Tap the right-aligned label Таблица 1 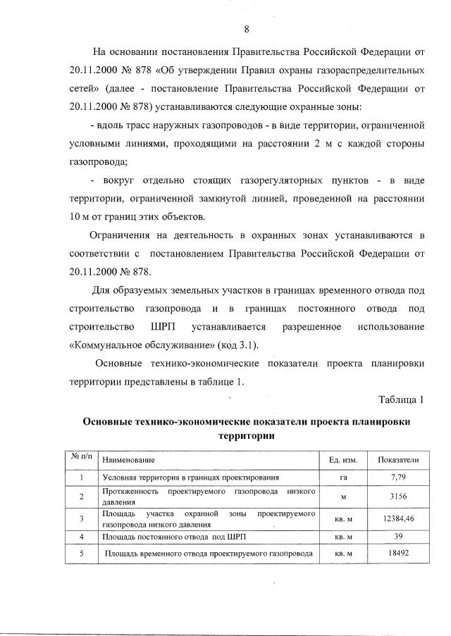pyautogui.click(x=401, y=400)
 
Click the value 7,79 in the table pyautogui.click(x=398, y=478)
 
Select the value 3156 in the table pyautogui.click(x=398, y=497)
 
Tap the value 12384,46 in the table pyautogui.click(x=398, y=519)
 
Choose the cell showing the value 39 pyautogui.click(x=398, y=537)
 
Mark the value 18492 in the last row pyautogui.click(x=398, y=554)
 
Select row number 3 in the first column pyautogui.click(x=82, y=519)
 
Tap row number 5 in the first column pyautogui.click(x=82, y=554)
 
